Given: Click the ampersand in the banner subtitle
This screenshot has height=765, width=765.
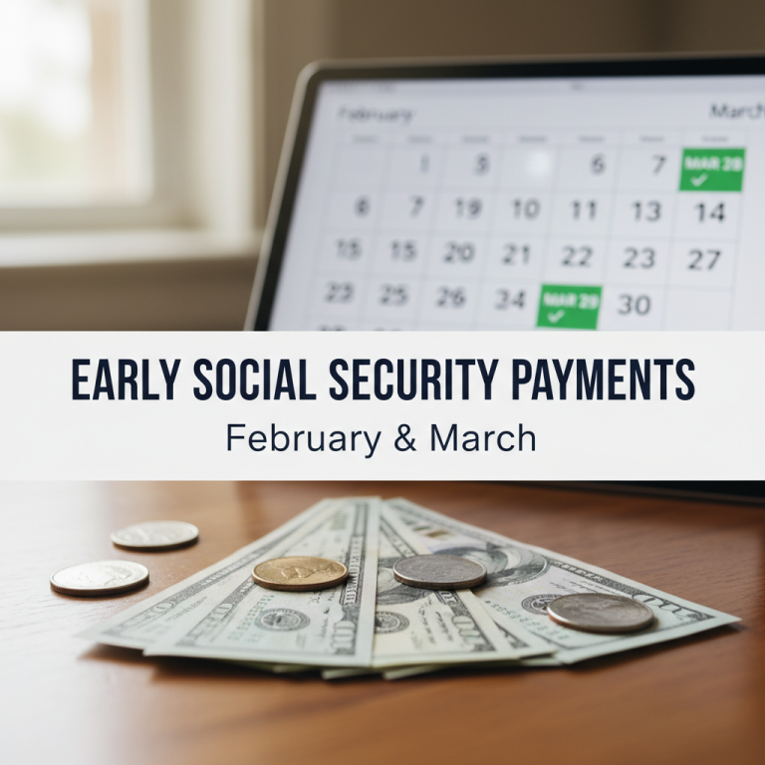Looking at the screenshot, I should (405, 438).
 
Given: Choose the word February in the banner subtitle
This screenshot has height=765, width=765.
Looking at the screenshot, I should (307, 438).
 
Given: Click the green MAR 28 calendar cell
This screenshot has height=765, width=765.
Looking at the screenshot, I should (711, 168).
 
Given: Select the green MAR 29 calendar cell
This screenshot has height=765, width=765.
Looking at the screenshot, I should (569, 306).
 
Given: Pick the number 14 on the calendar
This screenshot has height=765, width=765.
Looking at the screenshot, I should (710, 212).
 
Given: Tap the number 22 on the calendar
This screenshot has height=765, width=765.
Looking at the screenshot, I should (577, 256).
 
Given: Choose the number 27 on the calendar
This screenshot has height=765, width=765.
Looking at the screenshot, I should (704, 260).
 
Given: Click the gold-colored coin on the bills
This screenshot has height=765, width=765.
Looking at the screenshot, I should (300, 573).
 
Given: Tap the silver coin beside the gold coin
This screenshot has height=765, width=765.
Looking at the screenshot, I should (439, 571).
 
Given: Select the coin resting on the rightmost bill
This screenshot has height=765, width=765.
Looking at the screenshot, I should (601, 613).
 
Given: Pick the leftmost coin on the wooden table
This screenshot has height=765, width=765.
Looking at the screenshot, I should (100, 577).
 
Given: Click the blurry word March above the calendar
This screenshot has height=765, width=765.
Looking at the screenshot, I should (736, 111).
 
